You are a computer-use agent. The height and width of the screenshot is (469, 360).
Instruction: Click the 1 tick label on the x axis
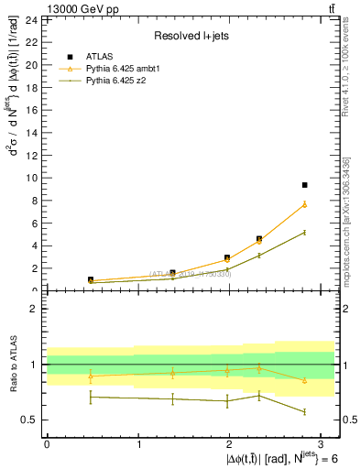point(138,443)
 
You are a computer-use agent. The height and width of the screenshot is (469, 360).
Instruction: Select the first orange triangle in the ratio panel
point(91,376)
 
